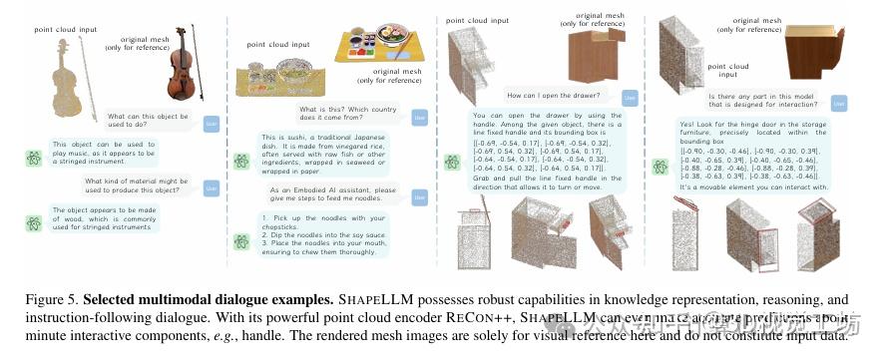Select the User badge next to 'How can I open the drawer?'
(x=630, y=97)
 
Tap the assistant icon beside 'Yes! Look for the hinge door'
(x=661, y=166)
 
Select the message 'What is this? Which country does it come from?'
(x=342, y=112)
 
